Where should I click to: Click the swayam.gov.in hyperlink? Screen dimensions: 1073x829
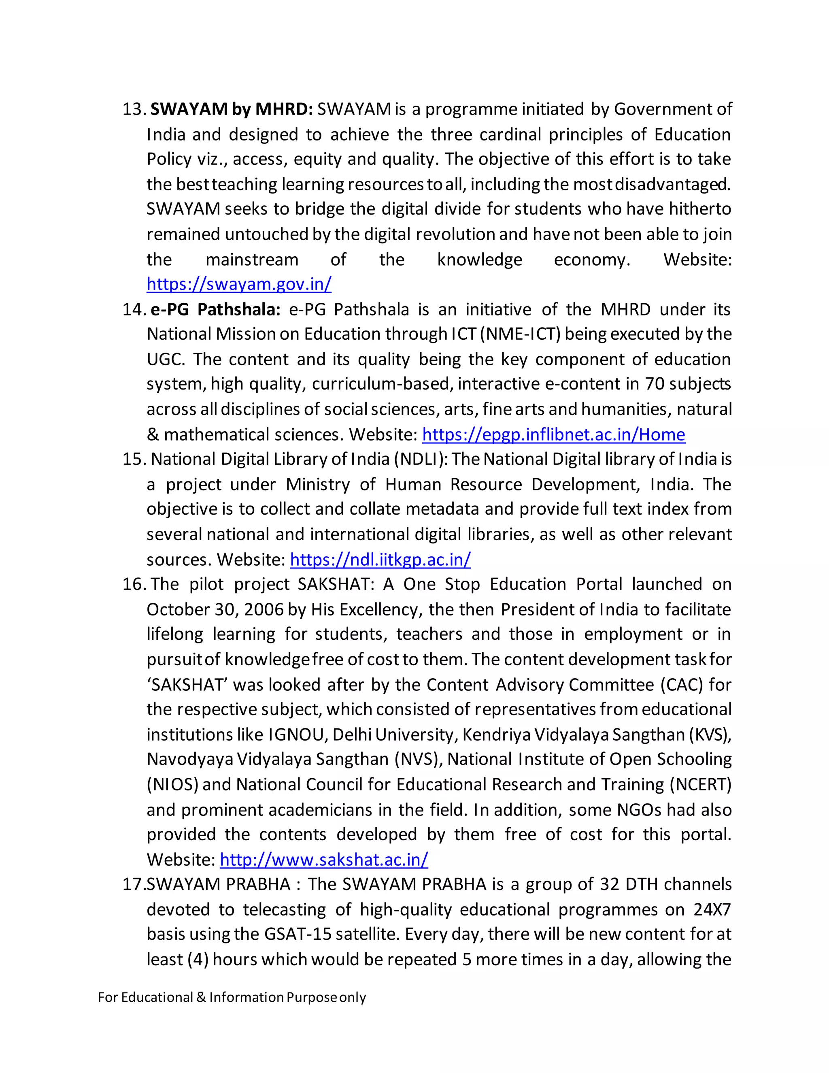click(239, 284)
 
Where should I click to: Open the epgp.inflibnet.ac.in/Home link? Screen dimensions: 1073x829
click(553, 434)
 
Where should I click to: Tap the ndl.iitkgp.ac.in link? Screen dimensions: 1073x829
click(380, 559)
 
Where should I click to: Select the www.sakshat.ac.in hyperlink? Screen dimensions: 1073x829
click(324, 859)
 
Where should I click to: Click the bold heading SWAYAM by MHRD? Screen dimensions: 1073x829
click(231, 109)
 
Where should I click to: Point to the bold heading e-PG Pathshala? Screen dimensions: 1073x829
click(215, 309)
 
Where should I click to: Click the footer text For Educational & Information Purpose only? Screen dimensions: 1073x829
click(232, 997)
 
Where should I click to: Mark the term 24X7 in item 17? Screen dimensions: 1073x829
click(712, 909)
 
